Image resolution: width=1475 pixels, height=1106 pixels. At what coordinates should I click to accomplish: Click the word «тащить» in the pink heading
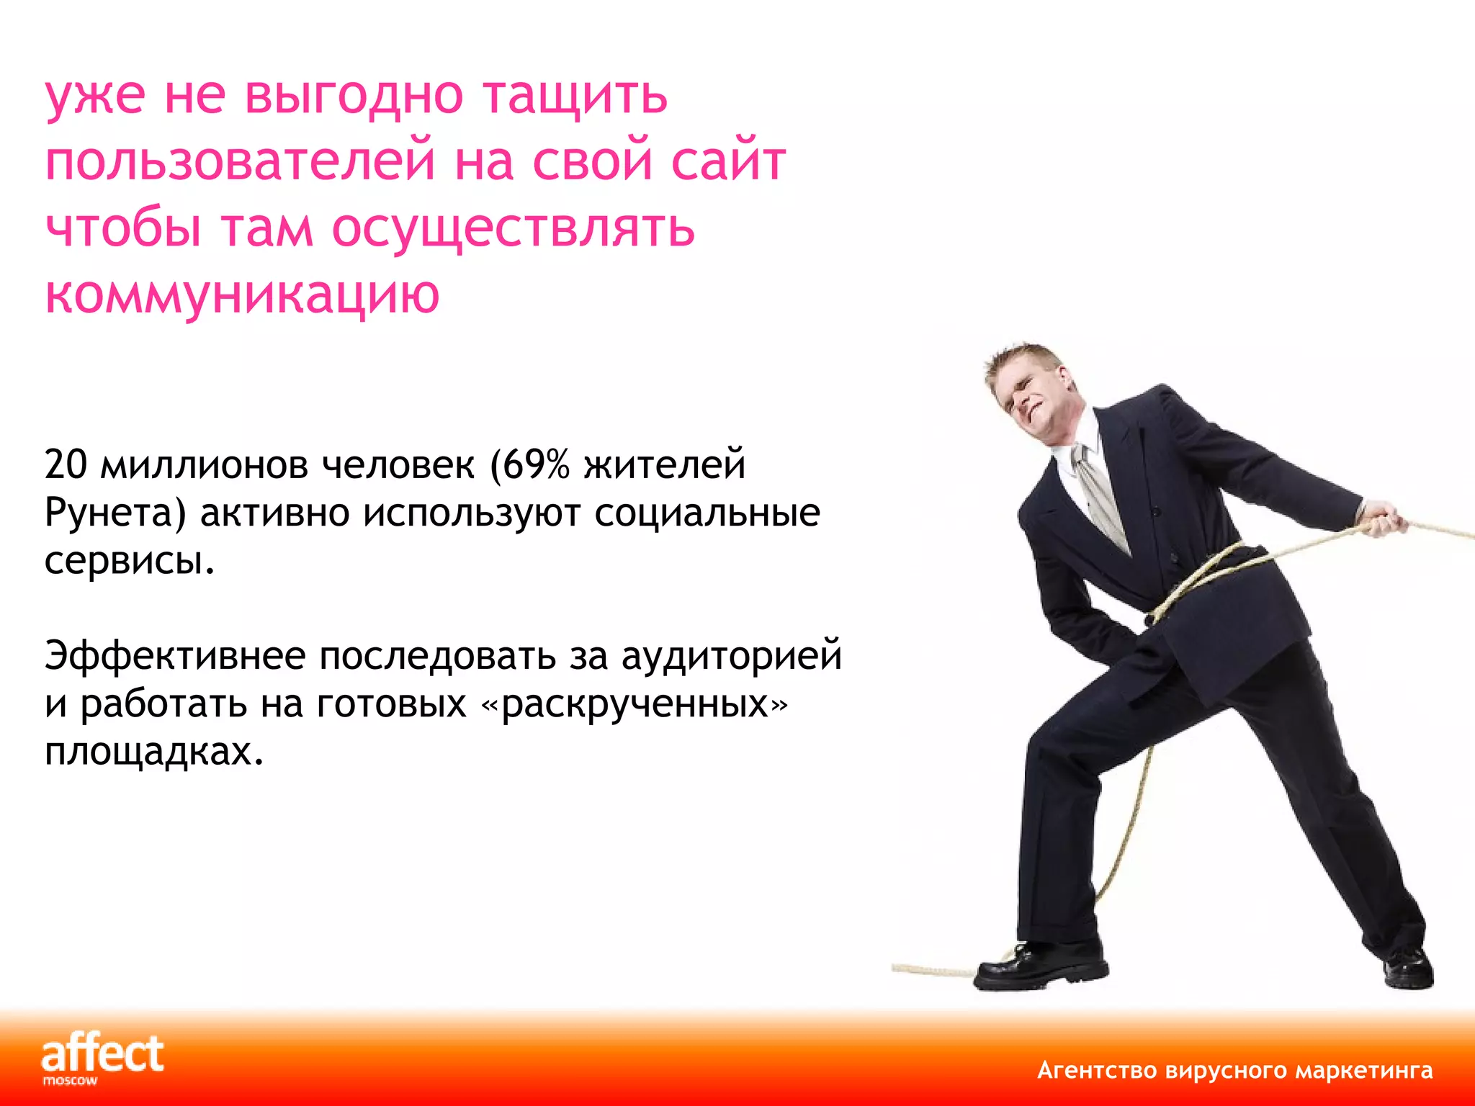point(575,96)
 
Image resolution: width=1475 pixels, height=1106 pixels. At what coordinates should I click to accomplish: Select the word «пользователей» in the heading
point(240,161)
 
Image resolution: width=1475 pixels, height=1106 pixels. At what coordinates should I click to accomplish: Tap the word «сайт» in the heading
point(728,161)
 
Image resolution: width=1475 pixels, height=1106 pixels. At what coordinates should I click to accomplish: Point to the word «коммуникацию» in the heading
point(242,295)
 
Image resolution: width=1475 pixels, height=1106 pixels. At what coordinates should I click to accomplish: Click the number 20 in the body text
point(66,464)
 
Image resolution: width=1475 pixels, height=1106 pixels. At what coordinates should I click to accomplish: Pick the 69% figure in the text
point(536,464)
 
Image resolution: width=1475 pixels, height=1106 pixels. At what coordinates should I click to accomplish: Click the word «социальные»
point(707,513)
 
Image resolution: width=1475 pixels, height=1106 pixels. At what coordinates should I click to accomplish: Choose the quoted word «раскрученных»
point(635,704)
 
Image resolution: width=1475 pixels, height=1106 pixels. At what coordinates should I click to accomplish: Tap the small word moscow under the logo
point(70,1081)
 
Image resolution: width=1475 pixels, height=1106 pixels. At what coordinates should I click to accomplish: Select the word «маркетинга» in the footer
point(1364,1071)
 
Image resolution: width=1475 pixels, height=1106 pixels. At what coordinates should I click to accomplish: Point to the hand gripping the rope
point(1382,518)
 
